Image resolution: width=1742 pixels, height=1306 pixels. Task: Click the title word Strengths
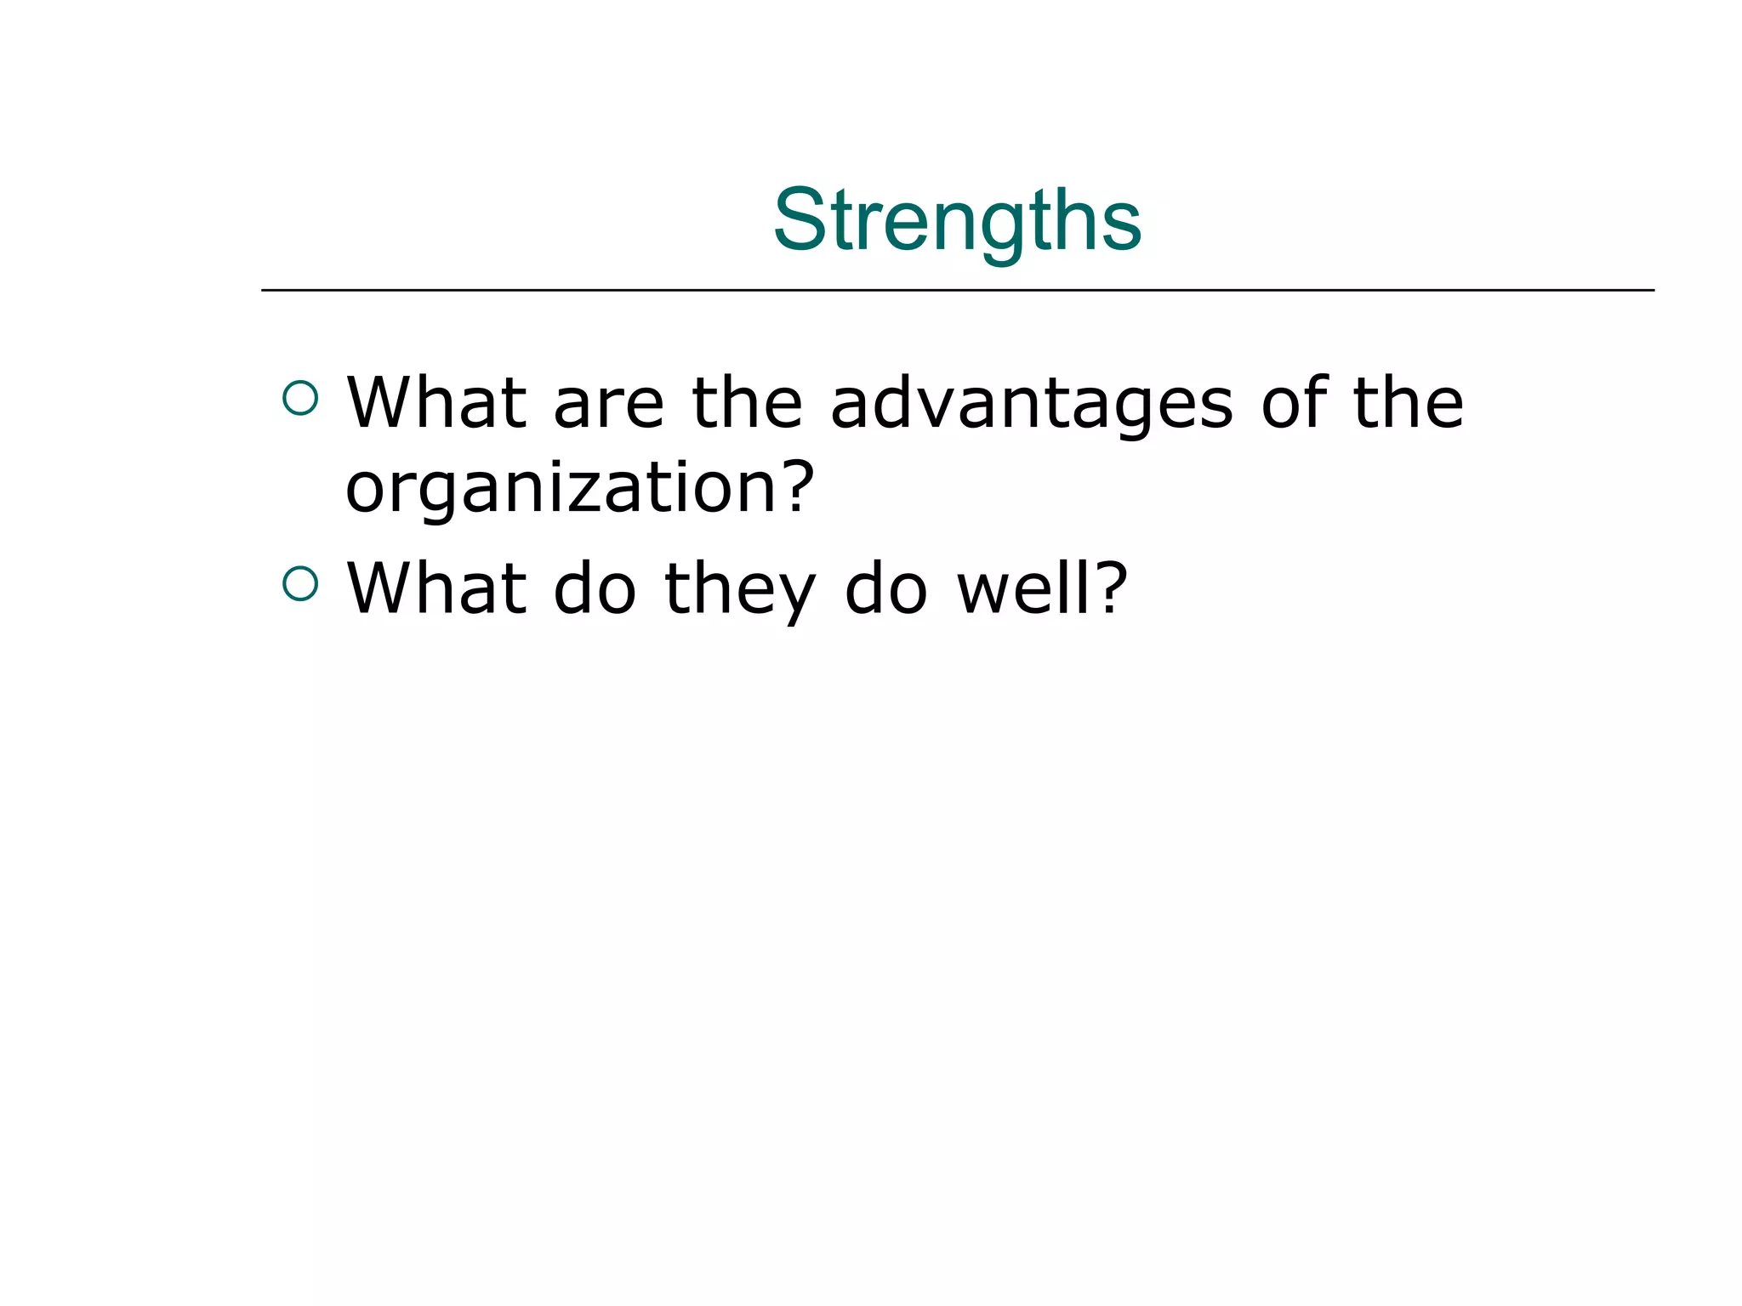pyautogui.click(x=957, y=220)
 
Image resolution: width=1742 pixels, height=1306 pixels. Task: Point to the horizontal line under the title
pyautogui.click(x=957, y=291)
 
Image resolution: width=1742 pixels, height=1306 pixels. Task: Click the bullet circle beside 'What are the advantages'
pyautogui.click(x=300, y=398)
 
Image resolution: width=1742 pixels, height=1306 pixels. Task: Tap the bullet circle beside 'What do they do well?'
pyautogui.click(x=300, y=584)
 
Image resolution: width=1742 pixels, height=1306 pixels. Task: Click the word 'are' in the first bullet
pyautogui.click(x=608, y=404)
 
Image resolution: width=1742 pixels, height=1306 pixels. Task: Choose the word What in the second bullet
pyautogui.click(x=436, y=588)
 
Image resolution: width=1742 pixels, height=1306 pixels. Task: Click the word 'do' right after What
pyautogui.click(x=595, y=588)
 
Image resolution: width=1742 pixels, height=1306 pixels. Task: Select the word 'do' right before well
pyautogui.click(x=885, y=588)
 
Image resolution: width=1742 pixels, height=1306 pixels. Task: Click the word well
pyautogui.click(x=1023, y=588)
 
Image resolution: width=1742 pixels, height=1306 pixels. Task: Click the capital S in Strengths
pyautogui.click(x=800, y=220)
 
